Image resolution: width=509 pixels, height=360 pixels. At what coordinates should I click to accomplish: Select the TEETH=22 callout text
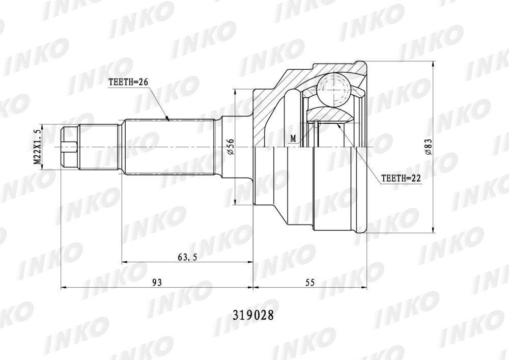[x=401, y=178]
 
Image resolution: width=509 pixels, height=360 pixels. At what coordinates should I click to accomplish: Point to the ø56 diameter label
[x=230, y=147]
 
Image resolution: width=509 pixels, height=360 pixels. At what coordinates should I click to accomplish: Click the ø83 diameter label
[x=428, y=147]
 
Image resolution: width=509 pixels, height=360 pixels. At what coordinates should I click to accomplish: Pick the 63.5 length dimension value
[x=188, y=257]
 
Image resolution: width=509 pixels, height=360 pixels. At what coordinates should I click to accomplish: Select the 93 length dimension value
[x=157, y=283]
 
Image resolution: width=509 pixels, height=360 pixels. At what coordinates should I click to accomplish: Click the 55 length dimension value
[x=310, y=283]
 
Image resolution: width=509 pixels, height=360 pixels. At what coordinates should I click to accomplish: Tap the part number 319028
[x=253, y=315]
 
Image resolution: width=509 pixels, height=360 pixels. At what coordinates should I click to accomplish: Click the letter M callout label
[x=294, y=139]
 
